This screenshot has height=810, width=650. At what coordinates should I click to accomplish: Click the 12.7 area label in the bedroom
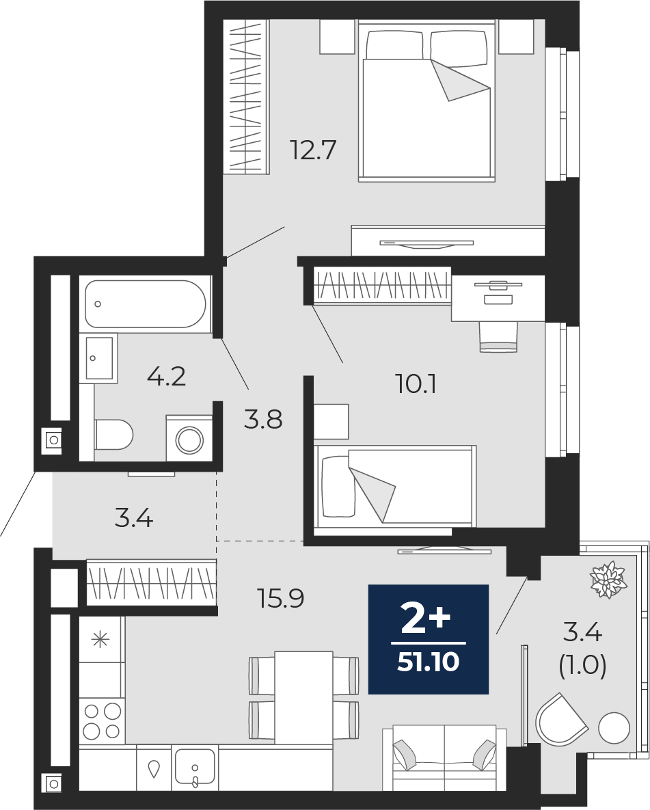coord(313,150)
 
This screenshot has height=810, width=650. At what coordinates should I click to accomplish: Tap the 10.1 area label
coord(416,384)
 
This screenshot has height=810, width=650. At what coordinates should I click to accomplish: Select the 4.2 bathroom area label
coord(166,377)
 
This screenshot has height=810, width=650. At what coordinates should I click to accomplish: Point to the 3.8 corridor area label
coord(263,420)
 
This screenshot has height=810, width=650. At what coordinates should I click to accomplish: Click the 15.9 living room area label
coord(280,599)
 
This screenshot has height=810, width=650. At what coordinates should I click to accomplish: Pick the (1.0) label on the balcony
coord(582,666)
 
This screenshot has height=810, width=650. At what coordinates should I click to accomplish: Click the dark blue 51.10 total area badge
coord(429,639)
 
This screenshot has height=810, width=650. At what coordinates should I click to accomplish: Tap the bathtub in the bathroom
coord(145,303)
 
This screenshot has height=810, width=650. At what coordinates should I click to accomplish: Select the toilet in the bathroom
coord(113,435)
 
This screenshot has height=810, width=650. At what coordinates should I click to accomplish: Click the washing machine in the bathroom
coord(189,438)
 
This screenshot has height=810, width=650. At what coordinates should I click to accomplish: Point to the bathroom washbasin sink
coord(99,358)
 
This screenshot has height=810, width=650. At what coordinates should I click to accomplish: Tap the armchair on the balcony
coord(561,718)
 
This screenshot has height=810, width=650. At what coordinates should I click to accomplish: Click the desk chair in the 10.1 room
coord(499,336)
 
